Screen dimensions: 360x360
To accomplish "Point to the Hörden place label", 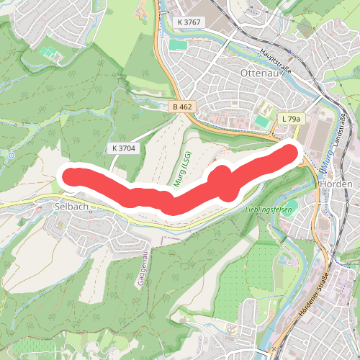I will tap(335, 185).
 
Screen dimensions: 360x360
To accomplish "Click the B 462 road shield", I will tap(182, 107).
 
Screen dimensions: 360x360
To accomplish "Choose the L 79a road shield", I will tap(292, 119).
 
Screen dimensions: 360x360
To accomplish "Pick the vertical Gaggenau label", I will tap(142, 264).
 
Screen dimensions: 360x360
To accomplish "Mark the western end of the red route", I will tap(73, 176).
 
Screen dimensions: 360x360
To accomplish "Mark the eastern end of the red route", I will tap(290, 153).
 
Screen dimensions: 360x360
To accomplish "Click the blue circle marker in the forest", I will tap(12, 155).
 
